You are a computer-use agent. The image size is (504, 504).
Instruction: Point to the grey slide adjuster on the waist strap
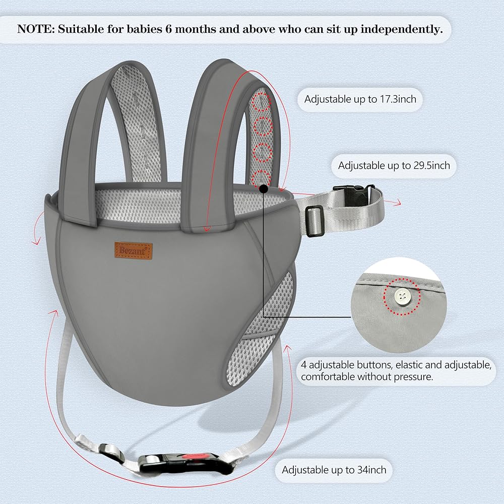click(x=314, y=220)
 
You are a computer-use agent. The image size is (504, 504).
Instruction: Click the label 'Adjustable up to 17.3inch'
click(x=360, y=99)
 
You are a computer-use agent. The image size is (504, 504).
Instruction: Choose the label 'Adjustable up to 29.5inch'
click(x=394, y=165)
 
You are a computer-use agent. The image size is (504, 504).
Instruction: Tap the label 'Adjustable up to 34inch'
click(x=334, y=470)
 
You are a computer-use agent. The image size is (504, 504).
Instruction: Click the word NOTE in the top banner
click(x=36, y=29)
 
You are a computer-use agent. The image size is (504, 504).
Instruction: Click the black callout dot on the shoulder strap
click(x=263, y=188)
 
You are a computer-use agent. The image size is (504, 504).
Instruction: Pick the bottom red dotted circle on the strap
click(x=260, y=177)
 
